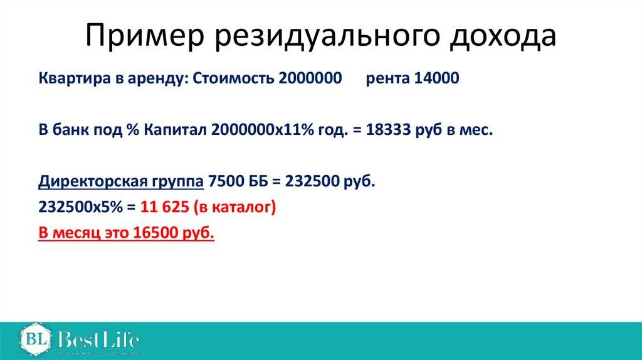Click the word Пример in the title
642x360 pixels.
pyautogui.click(x=145, y=36)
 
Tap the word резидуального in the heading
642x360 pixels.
pyautogui.click(x=327, y=37)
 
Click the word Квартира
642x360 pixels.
pyautogui.click(x=75, y=78)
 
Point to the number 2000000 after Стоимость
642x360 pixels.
pyautogui.click(x=310, y=78)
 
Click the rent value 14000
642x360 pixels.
pyautogui.click(x=436, y=78)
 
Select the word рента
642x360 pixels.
pyautogui.click(x=387, y=79)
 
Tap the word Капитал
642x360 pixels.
pyautogui.click(x=176, y=130)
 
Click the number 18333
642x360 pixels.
pyautogui.click(x=387, y=130)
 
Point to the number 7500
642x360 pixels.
pyautogui.click(x=226, y=181)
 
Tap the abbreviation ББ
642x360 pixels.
pyautogui.click(x=258, y=181)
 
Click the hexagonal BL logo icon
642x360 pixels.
pyautogui.click(x=36, y=339)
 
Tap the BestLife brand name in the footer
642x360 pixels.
pyautogui.click(x=98, y=339)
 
